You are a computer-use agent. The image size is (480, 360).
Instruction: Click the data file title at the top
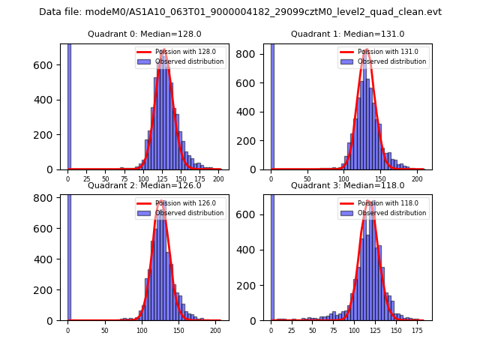point(240,12)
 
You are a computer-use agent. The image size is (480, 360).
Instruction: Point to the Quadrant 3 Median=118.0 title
point(347,185)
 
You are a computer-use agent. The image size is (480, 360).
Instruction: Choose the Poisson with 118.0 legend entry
point(388,203)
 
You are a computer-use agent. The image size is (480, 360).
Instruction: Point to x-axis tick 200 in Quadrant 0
point(218,179)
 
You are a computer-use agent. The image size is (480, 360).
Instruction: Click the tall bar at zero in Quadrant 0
point(68,105)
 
